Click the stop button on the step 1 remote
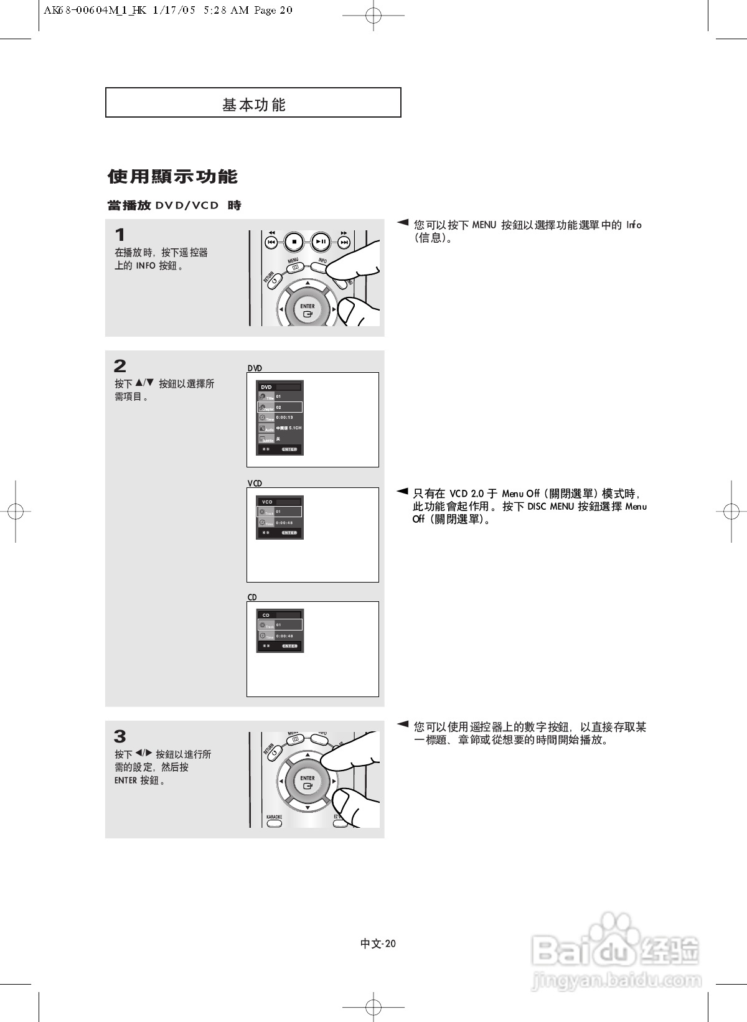294,241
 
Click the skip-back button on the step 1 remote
271,242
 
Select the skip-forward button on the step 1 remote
344,242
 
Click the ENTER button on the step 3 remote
308,782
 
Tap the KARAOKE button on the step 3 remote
274,823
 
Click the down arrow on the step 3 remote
308,807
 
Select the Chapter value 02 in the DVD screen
279,408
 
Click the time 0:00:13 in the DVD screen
284,418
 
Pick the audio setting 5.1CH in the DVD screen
295,428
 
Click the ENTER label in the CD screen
289,646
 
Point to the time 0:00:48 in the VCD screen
284,523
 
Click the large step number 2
120,366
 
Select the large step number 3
120,737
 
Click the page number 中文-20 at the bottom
378,944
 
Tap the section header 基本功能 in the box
253,105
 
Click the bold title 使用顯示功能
172,177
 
